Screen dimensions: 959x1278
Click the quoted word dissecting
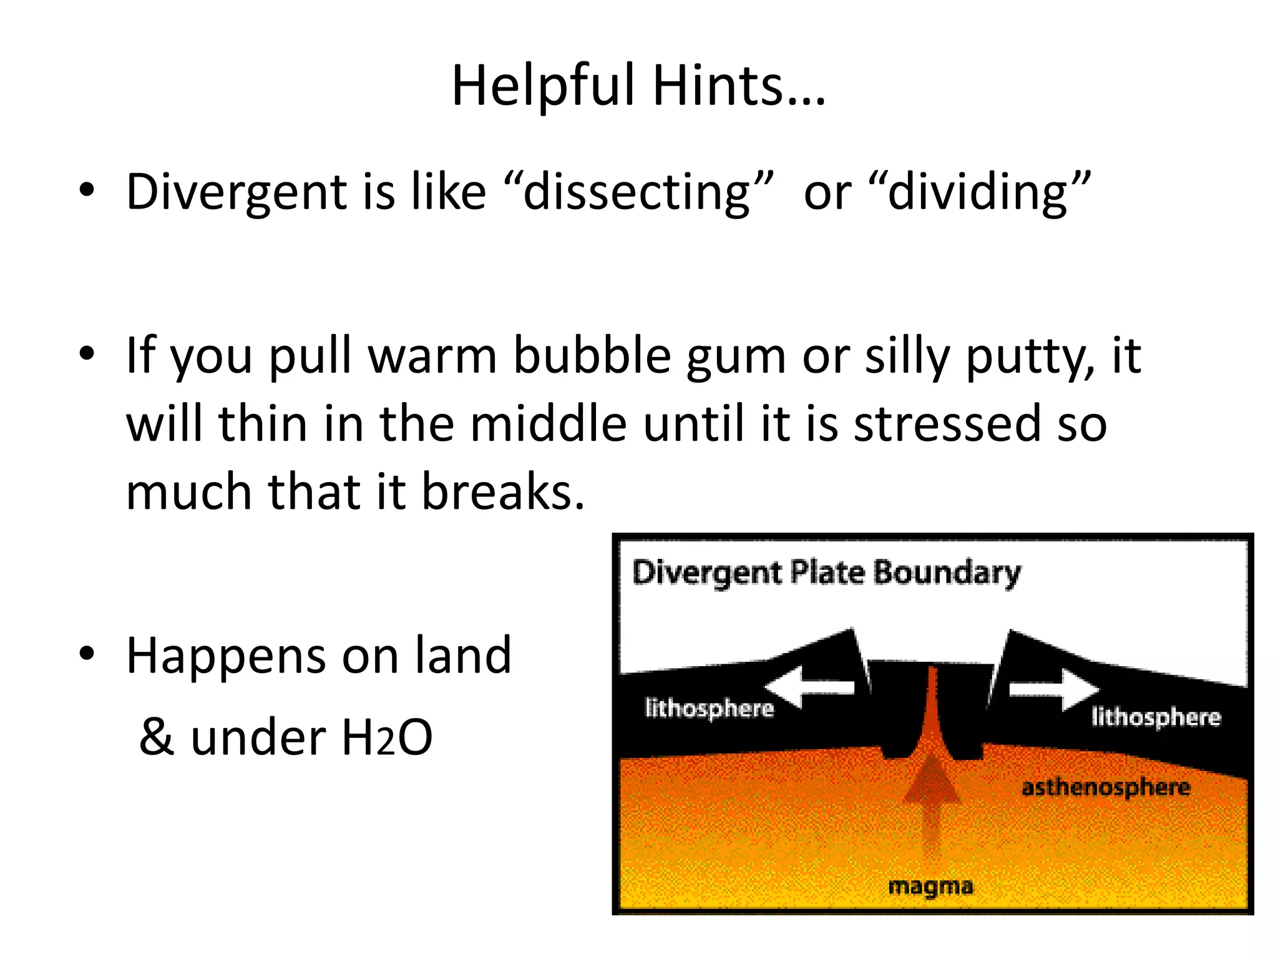[637, 192]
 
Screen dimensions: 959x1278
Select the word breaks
[503, 491]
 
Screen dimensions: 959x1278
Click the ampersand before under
[157, 737]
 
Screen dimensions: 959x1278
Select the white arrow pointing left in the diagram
[809, 687]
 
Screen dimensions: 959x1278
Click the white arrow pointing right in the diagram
[1055, 689]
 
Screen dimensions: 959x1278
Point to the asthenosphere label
[1105, 787]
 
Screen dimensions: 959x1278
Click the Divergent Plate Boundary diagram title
[826, 572]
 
